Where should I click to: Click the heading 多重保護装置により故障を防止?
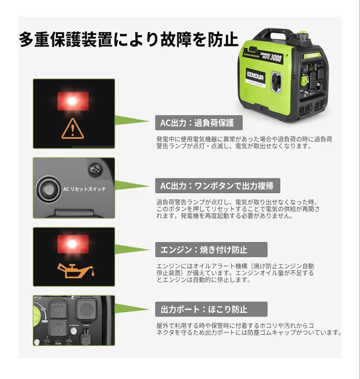tap(128, 40)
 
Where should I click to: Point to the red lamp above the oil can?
tap(73, 243)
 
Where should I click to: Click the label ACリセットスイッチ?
tap(84, 189)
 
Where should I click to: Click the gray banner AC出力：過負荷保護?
tap(199, 123)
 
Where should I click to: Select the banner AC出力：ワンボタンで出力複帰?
tap(217, 186)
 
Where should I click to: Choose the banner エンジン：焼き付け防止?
tap(211, 250)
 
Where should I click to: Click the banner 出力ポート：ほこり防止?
tap(211, 309)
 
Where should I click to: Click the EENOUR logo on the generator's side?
tap(255, 77)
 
